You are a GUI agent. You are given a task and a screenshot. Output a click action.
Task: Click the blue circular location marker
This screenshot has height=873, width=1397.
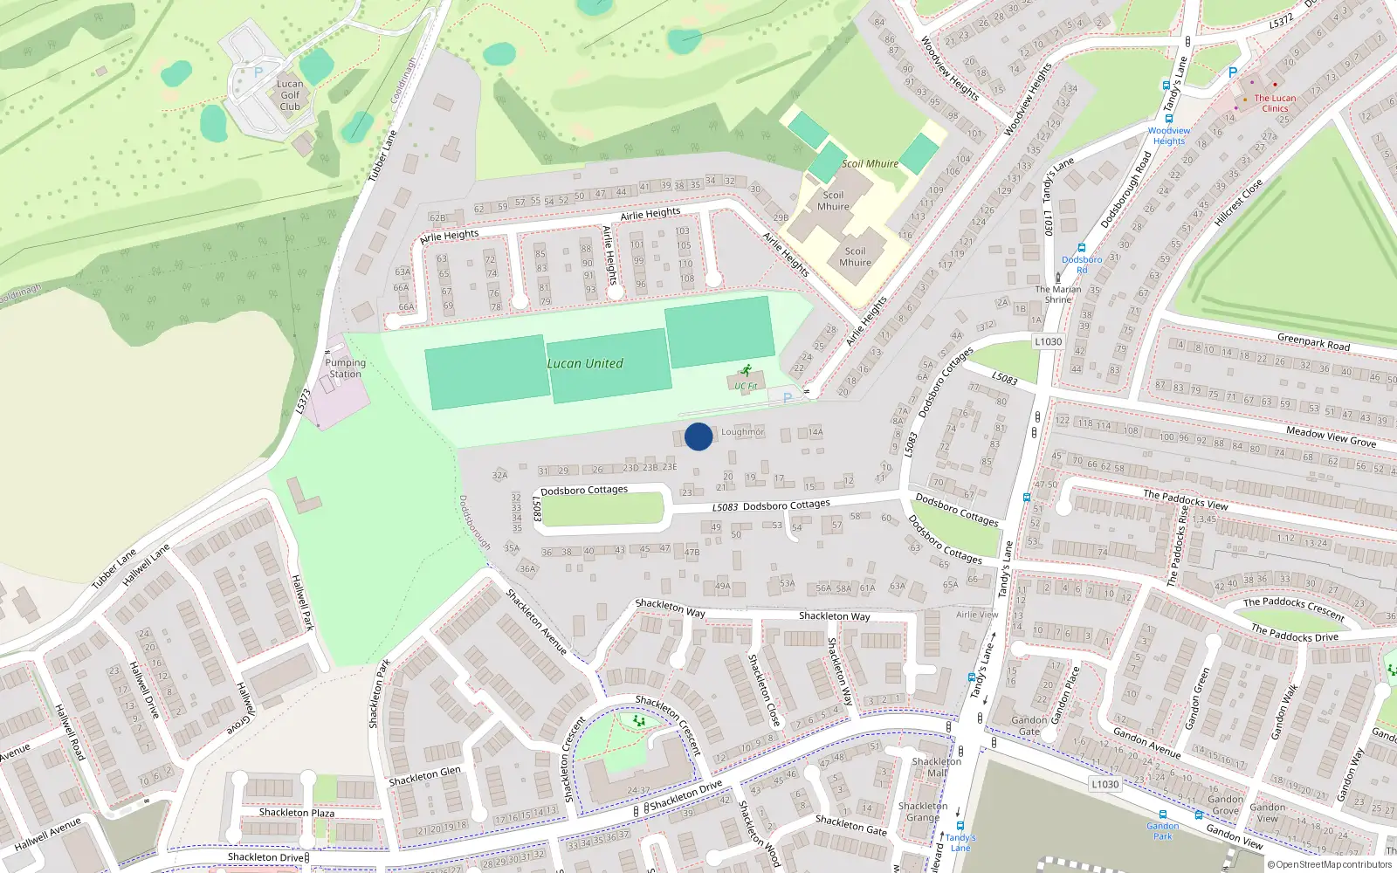coord(698,436)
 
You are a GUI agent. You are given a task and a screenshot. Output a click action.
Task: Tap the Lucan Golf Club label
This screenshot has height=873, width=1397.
coord(290,95)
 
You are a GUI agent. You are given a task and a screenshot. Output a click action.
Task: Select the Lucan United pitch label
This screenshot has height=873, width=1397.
coord(585,363)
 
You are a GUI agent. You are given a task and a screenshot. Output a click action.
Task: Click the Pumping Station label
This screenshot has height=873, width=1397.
coord(345,368)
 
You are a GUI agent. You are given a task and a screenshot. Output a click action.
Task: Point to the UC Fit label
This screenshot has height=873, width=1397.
coord(746,386)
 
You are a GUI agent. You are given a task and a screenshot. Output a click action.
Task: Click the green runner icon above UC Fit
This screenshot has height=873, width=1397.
coord(746,370)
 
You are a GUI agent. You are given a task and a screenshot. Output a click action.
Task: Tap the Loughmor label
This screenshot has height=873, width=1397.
coord(742,432)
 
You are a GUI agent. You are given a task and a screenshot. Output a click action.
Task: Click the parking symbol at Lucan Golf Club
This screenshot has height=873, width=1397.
coord(258,72)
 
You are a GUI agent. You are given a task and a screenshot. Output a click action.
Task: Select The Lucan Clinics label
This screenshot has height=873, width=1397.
coord(1275,103)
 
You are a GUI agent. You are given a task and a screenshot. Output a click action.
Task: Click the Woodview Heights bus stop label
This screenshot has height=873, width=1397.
coord(1168,135)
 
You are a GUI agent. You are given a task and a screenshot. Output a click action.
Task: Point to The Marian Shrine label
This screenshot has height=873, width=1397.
coord(1057,294)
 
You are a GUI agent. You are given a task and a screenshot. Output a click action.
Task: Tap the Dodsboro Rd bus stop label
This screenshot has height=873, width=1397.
coord(1082,265)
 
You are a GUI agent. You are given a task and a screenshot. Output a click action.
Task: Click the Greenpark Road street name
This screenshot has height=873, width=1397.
coord(1313,342)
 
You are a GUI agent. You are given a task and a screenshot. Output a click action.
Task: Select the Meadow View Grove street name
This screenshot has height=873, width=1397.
coord(1331,436)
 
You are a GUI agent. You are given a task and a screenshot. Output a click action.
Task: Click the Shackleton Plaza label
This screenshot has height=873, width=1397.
coord(297,812)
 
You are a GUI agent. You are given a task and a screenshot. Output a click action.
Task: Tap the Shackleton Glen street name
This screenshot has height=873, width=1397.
coord(424,776)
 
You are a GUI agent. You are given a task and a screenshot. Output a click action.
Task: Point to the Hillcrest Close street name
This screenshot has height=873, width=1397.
coord(1238,203)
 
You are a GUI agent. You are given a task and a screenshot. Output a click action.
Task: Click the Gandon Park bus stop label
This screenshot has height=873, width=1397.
coord(1162,830)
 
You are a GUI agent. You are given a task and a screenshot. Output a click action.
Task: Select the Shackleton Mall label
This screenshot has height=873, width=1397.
coord(936,766)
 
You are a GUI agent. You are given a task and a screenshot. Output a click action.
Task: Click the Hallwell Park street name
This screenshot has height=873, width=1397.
coord(301,602)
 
